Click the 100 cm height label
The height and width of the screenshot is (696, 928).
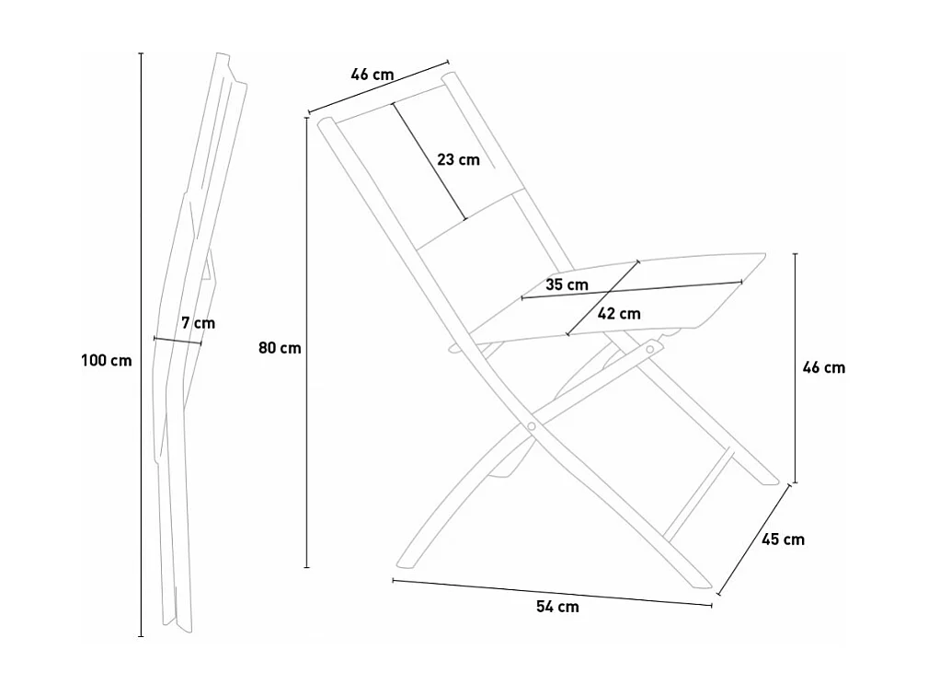coord(107,360)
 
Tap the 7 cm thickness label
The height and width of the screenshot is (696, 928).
coord(199,323)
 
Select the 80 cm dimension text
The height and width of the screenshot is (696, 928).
coord(280,348)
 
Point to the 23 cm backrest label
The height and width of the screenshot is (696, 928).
coord(459,159)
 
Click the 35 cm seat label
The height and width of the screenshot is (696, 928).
coord(567,284)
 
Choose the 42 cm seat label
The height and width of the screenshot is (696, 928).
coord(619,313)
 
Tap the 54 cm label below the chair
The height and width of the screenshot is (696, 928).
coord(557,607)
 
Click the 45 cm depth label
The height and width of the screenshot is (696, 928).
coord(783,539)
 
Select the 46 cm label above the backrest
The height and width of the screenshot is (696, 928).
coord(372,75)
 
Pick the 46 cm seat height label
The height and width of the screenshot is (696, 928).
coord(824,367)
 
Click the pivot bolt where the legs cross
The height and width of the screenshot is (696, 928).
coord(532,426)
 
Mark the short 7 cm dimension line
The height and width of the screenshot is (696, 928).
coord(178,341)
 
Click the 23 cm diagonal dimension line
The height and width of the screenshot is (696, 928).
coord(430,161)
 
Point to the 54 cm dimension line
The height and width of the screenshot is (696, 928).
coord(552,592)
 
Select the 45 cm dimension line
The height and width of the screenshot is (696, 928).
coord(753,539)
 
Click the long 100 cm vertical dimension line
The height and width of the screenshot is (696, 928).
coord(141,344)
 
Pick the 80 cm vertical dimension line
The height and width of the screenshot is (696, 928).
coord(306,342)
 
